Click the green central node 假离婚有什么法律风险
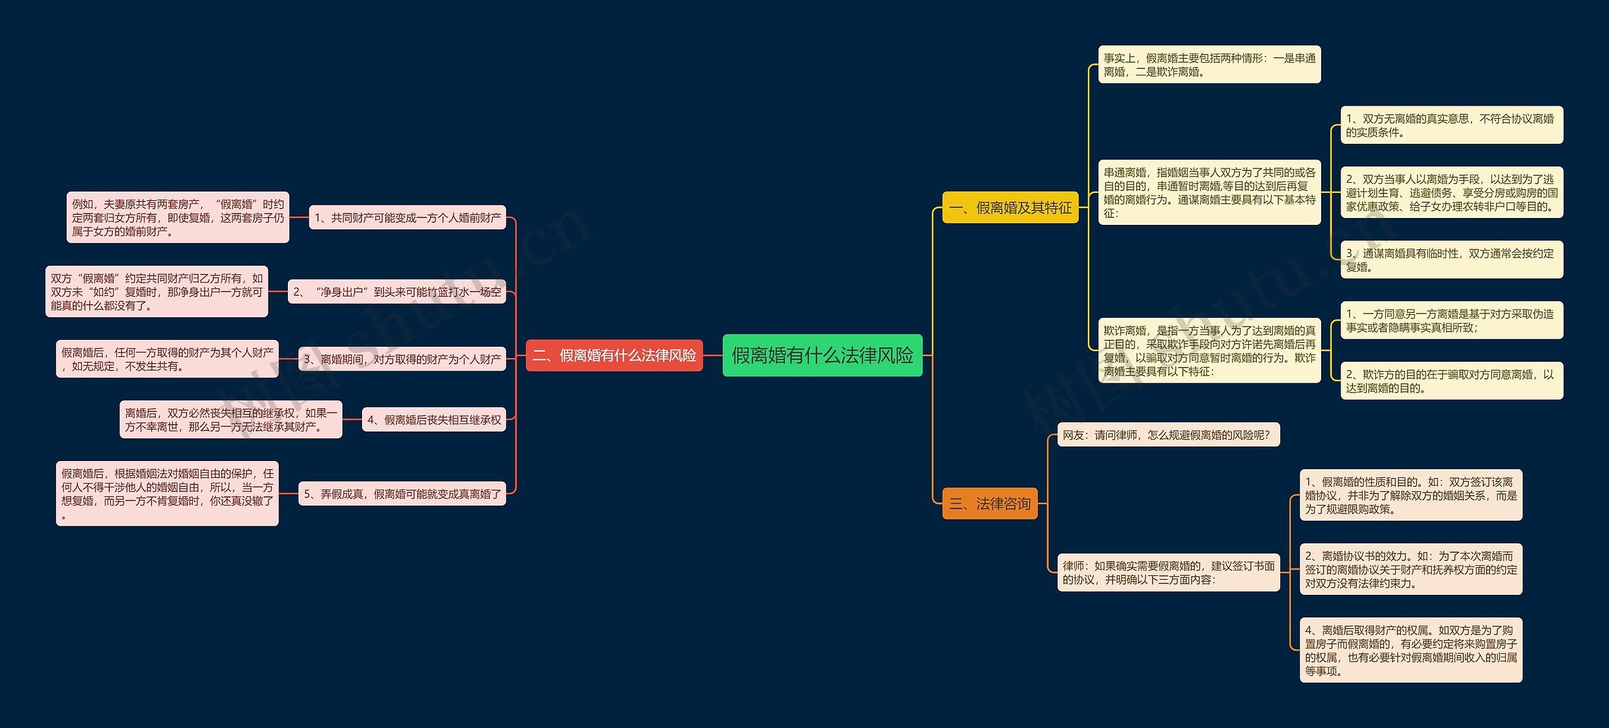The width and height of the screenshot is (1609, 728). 822,356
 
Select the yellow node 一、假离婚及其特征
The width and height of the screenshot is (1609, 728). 1010,208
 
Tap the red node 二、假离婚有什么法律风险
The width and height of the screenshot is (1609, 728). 614,356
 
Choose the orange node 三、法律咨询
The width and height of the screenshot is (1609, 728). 989,504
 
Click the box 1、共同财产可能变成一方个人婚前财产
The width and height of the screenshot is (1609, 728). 407,218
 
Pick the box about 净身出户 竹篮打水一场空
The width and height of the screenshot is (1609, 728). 397,292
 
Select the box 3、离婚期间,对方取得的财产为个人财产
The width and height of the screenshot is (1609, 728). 402,359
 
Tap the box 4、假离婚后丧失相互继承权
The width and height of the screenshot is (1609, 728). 434,420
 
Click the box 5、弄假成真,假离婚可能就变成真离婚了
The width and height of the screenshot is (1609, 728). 402,494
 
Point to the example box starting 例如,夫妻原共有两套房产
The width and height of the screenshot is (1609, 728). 178,217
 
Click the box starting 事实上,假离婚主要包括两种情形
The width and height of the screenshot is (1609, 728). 1209,65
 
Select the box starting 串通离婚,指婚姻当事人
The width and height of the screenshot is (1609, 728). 1209,193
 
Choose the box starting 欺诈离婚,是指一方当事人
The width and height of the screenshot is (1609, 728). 1209,350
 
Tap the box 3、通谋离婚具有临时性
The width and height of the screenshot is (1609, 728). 1451,260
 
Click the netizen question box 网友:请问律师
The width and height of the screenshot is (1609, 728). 1168,435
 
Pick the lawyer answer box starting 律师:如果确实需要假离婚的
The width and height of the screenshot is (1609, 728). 1168,573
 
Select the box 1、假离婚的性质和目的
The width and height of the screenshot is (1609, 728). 1410,496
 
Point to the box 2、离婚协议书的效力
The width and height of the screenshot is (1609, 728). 1410,570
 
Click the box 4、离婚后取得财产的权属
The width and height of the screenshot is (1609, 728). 1410,650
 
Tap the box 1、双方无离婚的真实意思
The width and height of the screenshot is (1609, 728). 1451,125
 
